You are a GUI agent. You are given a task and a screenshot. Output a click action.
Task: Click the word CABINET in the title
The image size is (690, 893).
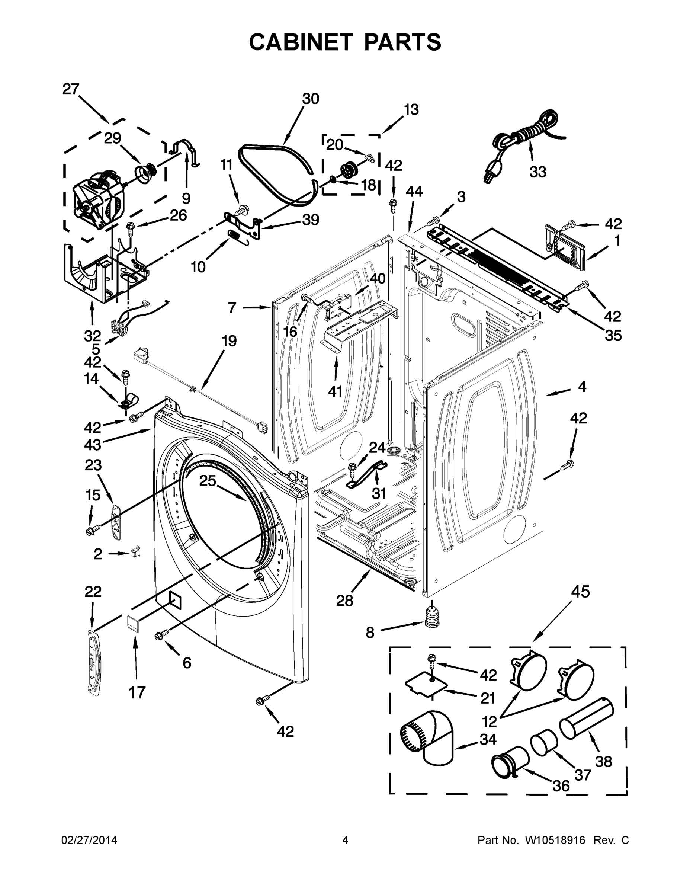point(301,42)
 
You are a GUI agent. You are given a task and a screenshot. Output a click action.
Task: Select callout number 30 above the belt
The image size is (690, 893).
point(311,99)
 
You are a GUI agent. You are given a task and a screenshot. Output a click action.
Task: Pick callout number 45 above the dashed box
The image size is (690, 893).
point(580,592)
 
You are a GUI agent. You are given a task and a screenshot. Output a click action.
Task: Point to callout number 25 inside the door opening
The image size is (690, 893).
point(207,481)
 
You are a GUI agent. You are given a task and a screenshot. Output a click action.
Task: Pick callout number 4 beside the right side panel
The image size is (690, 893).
point(582,386)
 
